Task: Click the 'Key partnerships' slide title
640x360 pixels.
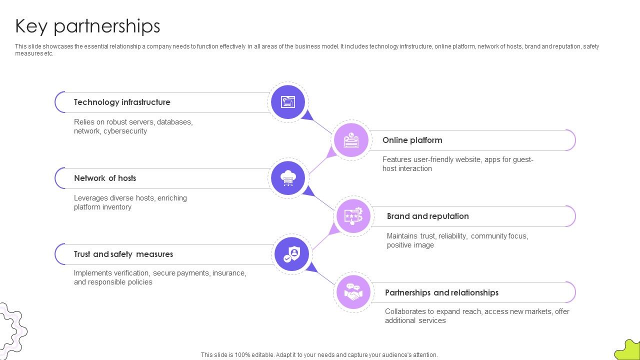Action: (x=87, y=26)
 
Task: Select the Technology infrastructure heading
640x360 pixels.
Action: (x=122, y=102)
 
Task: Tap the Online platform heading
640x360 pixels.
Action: (x=412, y=140)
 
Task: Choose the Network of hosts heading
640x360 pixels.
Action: (x=105, y=178)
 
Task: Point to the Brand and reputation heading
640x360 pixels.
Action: (x=427, y=216)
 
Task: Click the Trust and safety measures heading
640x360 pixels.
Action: (x=123, y=254)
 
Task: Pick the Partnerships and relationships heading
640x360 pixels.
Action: (x=441, y=292)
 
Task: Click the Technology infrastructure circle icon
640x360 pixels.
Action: (x=288, y=102)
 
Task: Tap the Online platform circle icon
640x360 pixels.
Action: (x=351, y=140)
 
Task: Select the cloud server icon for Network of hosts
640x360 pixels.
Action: (x=288, y=178)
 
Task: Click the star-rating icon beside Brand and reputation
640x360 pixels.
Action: (x=353, y=216)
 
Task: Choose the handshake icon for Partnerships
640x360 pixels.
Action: (x=353, y=292)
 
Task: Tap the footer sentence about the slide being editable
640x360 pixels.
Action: (x=319, y=355)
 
